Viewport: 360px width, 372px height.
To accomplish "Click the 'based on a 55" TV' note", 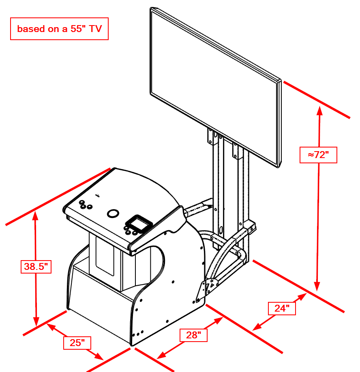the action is point(59,29).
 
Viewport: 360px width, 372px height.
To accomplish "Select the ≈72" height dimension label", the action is point(318,155).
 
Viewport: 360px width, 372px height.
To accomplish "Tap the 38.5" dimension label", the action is point(36,267).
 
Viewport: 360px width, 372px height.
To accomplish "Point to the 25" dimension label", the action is point(77,343).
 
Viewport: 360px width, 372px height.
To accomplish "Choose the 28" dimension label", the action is point(193,335).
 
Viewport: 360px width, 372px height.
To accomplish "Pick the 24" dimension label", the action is point(282,308).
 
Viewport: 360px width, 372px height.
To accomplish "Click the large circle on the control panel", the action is point(113,213).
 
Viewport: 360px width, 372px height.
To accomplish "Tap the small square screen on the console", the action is point(139,223).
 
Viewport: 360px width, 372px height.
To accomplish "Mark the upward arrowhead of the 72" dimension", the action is point(320,111).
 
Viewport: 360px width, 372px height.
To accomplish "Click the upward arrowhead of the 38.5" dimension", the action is point(35,216).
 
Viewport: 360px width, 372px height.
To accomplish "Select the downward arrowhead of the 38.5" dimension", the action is point(36,322).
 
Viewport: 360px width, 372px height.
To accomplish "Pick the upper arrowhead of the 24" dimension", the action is point(302,297).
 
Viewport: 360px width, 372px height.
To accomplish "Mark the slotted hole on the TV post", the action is point(221,230).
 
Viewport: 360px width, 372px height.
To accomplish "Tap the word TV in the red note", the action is point(95,29).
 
